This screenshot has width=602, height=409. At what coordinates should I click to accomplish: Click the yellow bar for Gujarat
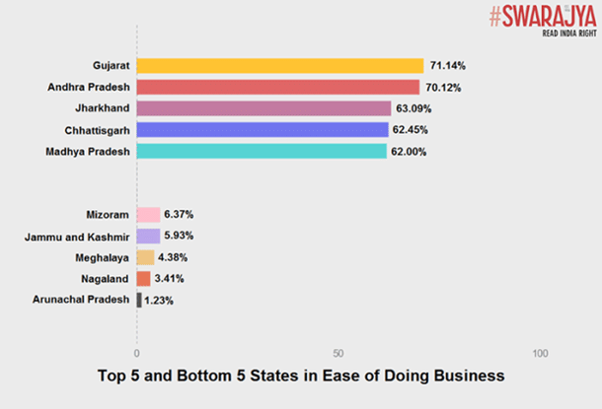279,66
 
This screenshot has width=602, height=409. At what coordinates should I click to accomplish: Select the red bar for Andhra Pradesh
277,87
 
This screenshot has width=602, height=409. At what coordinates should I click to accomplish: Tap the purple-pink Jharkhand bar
263,108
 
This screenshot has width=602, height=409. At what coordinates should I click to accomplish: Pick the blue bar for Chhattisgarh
263,129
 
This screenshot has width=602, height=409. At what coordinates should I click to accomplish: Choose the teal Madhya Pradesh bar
262,151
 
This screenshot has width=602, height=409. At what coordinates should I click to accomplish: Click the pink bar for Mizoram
148,215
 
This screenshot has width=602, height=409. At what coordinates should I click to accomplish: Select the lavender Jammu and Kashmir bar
148,237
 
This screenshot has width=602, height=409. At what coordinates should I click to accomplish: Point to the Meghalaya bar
145,257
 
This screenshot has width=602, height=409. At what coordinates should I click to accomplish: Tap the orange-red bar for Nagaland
143,279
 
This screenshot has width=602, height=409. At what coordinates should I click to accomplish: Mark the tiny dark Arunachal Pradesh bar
139,300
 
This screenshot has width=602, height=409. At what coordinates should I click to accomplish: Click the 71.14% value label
447,66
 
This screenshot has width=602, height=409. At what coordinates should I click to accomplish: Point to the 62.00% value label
411,151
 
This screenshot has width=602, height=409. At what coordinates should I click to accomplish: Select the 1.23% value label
159,301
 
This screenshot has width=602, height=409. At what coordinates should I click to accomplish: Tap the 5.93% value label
180,237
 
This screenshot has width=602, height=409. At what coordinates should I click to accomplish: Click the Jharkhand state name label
99,108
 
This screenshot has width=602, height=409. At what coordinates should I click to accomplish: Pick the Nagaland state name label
102,279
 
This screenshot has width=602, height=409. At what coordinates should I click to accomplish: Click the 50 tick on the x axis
338,353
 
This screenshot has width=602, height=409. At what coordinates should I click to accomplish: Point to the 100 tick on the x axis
540,353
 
